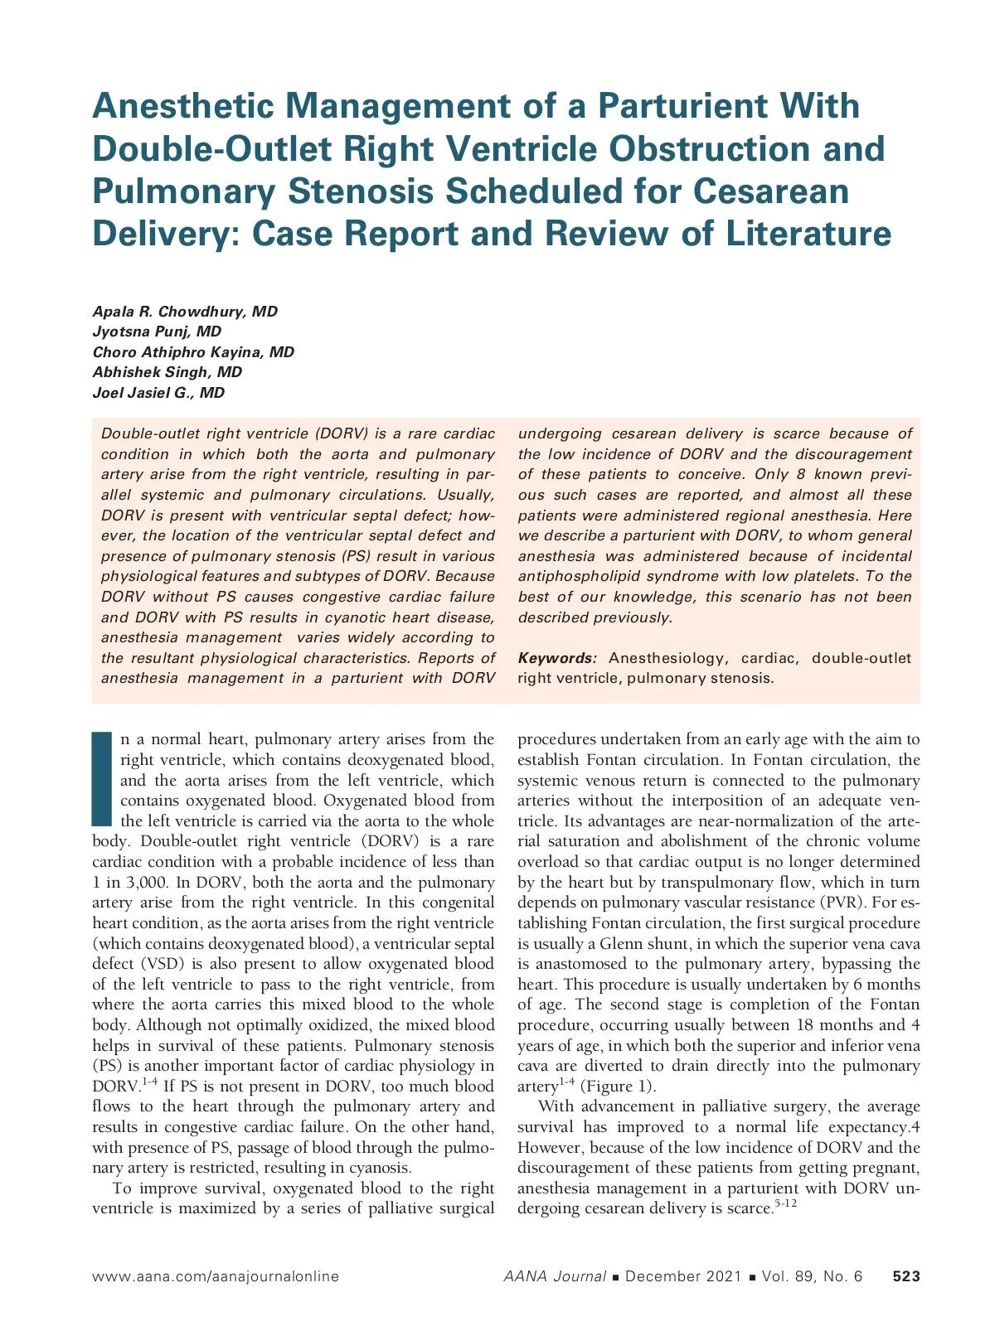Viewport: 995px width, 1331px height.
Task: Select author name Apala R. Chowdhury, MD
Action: click(185, 312)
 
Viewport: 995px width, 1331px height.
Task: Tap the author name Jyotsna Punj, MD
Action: click(157, 332)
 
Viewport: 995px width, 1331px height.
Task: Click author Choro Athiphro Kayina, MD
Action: click(193, 352)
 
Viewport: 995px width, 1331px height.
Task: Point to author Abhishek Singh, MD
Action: click(167, 372)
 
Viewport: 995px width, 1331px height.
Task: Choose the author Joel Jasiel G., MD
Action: click(158, 393)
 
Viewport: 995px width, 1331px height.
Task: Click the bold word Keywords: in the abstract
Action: click(557, 658)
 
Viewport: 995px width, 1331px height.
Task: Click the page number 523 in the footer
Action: click(906, 1276)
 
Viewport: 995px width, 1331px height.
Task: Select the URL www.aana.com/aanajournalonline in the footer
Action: click(216, 1276)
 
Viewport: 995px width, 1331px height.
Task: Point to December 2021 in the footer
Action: click(683, 1276)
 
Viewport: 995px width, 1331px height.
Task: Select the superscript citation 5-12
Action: click(785, 1203)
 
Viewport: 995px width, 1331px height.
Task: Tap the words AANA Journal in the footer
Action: click(555, 1276)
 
